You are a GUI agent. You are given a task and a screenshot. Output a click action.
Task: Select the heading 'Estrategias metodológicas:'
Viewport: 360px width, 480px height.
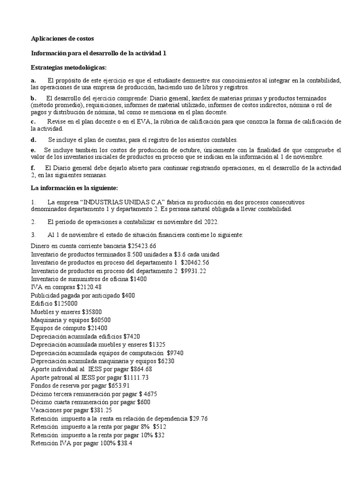coord(68,67)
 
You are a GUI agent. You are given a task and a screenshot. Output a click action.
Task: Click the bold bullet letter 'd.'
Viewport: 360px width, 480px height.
coord(34,140)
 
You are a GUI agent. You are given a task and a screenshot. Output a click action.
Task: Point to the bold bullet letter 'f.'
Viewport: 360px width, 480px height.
coord(33,168)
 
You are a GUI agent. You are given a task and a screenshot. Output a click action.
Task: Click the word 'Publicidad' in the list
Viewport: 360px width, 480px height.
coord(46,295)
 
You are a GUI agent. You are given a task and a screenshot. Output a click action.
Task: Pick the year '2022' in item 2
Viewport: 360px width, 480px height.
coord(210,222)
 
